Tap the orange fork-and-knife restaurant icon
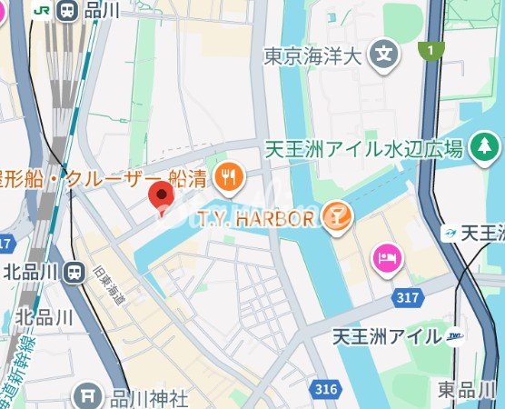pyautogui.click(x=230, y=177)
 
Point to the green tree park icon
pyautogui.click(x=488, y=145)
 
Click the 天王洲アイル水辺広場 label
pyautogui.click(x=364, y=148)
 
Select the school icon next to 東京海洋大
pyautogui.click(x=387, y=54)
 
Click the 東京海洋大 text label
pyautogui.click(x=312, y=56)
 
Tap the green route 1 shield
pyautogui.click(x=428, y=50)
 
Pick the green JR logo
pyautogui.click(x=41, y=11)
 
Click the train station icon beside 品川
pyautogui.click(x=68, y=11)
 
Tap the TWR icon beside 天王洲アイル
pyautogui.click(x=455, y=337)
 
